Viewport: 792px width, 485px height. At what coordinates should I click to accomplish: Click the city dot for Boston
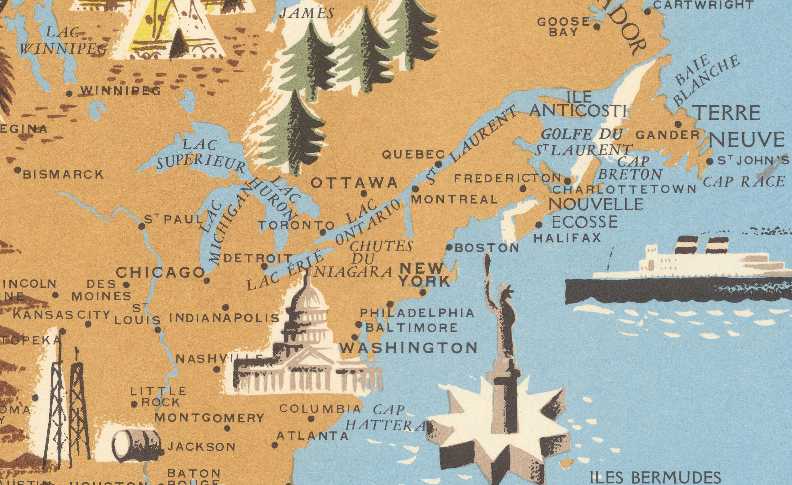click(450, 248)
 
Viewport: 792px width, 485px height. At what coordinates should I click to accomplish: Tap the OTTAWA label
click(354, 183)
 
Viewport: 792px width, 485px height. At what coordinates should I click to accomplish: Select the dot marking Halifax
click(539, 225)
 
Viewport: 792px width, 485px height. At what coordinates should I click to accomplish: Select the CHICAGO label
click(160, 273)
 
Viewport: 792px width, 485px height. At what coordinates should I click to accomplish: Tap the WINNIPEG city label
click(121, 91)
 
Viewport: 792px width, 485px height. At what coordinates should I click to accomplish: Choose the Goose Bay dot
click(597, 27)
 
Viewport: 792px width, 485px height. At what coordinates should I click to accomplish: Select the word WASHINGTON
click(408, 348)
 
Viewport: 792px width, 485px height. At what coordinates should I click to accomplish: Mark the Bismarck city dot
click(18, 170)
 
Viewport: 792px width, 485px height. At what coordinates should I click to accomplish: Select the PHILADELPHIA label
click(417, 313)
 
